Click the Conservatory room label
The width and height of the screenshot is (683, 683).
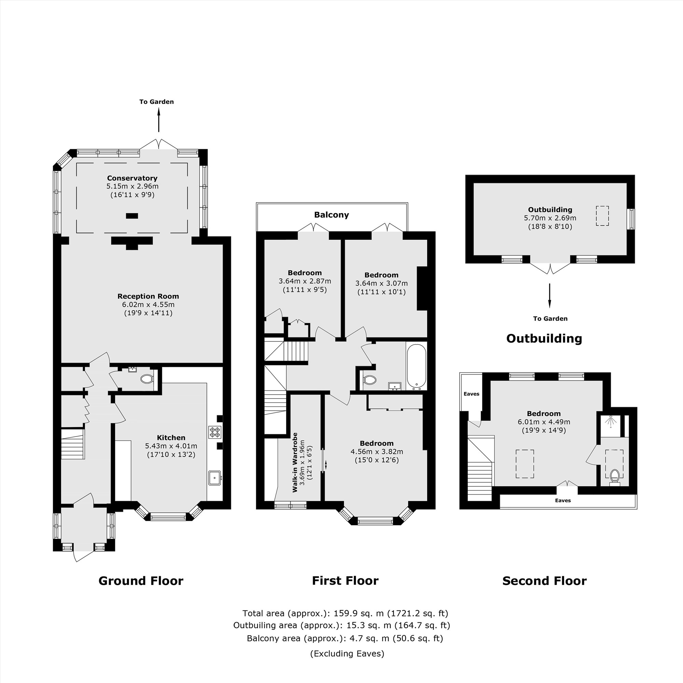coord(132,178)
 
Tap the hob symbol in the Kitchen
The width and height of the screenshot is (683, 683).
coord(214,432)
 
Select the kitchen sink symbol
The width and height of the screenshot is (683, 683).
coord(214,478)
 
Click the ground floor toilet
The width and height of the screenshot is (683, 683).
coord(147,379)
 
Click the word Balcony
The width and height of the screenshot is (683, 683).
coord(331,215)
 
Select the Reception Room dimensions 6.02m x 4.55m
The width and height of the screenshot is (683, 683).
coord(148,305)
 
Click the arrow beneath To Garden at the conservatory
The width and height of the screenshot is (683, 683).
coord(159,120)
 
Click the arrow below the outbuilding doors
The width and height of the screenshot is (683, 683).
coord(549,295)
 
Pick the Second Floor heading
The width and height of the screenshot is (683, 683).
coord(544,581)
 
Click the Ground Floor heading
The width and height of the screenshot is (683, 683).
coord(141,581)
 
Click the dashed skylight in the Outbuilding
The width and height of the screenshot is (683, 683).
coord(602,216)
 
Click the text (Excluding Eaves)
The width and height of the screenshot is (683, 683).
coord(347,654)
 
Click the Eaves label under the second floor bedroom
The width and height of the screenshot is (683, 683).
coord(563,501)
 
